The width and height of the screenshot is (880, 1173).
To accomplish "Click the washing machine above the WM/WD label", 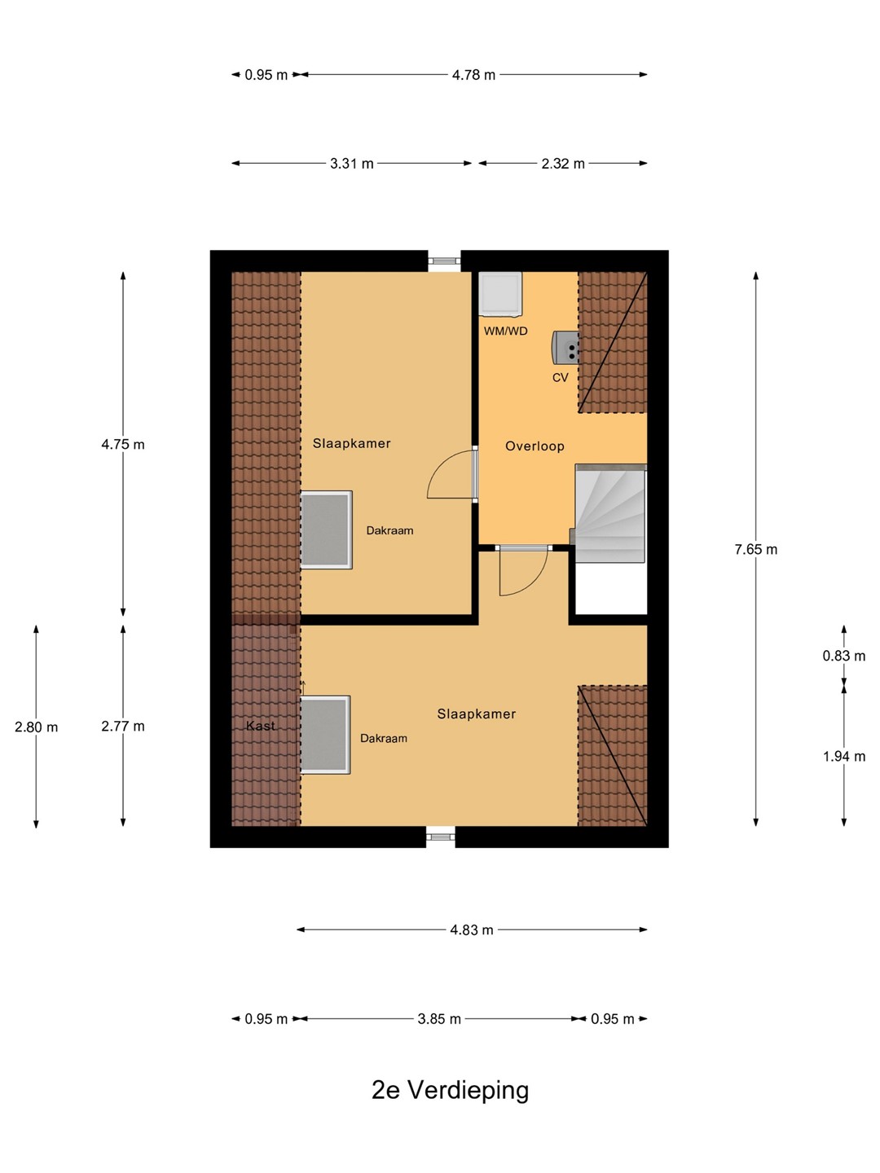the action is (x=500, y=293).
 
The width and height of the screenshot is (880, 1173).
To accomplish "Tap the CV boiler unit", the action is (x=565, y=345).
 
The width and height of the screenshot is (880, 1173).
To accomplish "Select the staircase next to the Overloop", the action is (x=611, y=513).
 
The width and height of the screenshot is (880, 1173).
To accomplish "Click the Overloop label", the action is (x=535, y=446).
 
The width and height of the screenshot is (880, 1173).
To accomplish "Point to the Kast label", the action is (x=261, y=726).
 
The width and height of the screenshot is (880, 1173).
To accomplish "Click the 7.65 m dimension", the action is (x=755, y=549).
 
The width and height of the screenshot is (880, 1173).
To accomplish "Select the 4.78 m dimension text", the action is (x=473, y=75).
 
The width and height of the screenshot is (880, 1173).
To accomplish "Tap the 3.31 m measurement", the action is (x=351, y=164).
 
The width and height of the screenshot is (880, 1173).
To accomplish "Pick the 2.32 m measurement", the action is (x=562, y=164).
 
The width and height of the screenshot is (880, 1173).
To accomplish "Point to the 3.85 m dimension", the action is (x=439, y=1019).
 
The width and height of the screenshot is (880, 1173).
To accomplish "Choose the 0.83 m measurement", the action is (x=843, y=656).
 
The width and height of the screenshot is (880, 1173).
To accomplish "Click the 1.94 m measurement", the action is (x=843, y=757).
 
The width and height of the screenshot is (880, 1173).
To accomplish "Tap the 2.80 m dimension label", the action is (x=37, y=727).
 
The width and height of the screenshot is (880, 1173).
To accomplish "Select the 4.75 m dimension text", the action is (x=123, y=445).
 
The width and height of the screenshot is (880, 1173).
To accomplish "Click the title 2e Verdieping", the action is (x=450, y=1091).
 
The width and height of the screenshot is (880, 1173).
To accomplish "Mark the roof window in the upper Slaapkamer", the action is (x=327, y=529).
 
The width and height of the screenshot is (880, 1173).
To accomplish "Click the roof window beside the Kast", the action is (x=325, y=735).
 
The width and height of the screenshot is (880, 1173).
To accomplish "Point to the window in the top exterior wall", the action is (x=444, y=261).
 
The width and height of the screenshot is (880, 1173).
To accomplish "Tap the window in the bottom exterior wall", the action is (x=440, y=837).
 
